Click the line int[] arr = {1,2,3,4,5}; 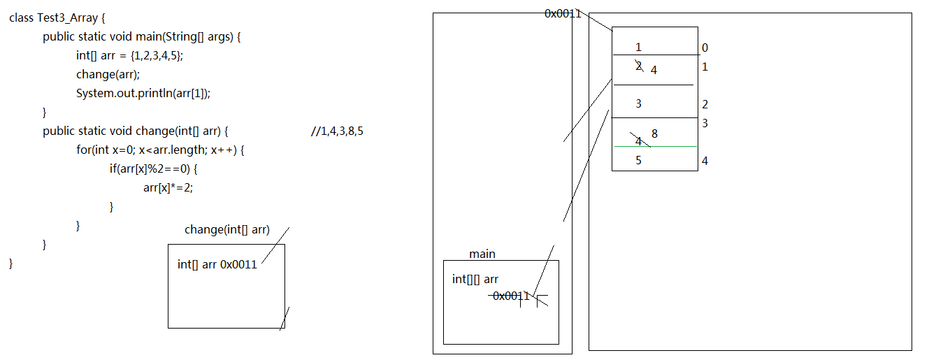(129, 55)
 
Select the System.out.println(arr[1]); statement (143, 93)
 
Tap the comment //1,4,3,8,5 (337, 131)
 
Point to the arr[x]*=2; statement (168, 187)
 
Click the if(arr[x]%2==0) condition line (153, 168)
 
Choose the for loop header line (160, 150)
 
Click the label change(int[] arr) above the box (227, 230)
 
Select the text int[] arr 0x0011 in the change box (217, 264)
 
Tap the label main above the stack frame (482, 254)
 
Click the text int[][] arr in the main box (475, 279)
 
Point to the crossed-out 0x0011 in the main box (511, 296)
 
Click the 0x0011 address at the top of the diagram (563, 14)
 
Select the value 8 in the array (654, 134)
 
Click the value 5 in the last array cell (638, 160)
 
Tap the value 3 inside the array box (638, 103)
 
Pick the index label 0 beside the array (705, 48)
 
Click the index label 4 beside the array (705, 161)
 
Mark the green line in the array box (655, 147)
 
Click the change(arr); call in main (108, 74)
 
